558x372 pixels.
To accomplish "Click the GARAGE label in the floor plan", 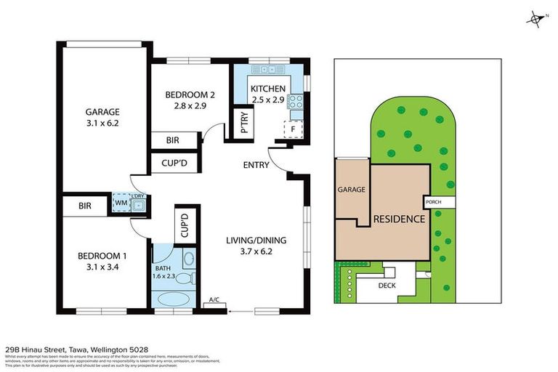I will [102, 112].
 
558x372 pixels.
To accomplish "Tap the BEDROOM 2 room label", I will [190, 94].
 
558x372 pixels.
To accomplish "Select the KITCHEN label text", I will [267, 89].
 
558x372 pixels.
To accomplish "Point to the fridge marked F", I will [293, 129].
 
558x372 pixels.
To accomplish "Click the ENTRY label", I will [256, 165].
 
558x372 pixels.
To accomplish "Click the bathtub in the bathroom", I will [174, 299].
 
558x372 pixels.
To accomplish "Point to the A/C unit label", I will [214, 299].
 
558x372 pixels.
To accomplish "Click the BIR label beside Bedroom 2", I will [173, 140].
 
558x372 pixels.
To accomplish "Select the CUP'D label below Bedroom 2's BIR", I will [174, 163].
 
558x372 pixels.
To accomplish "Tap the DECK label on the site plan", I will [387, 286].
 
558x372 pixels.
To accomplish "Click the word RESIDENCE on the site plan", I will [399, 219].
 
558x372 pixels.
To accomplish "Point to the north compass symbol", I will [536, 19].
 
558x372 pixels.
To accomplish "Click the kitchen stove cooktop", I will [296, 102].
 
